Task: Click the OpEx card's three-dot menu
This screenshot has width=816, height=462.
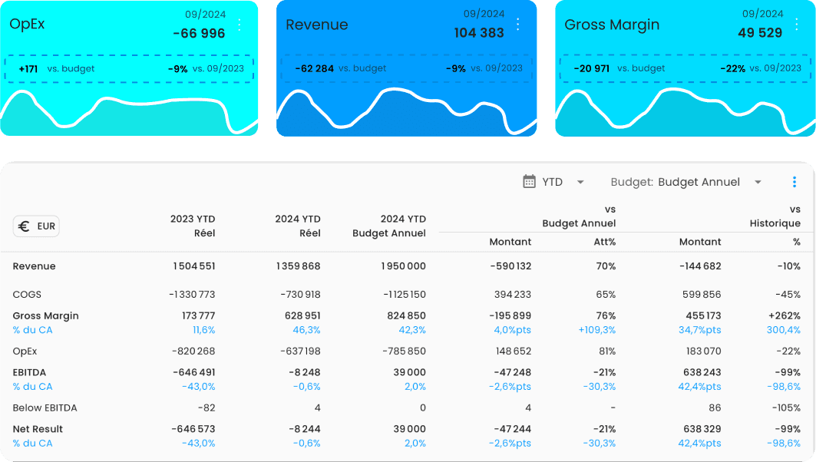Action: [x=240, y=25]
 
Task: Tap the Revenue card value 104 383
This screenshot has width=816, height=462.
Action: [x=479, y=33]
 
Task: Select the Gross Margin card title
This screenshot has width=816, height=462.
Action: [x=612, y=25]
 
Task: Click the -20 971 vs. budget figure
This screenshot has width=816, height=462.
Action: [x=591, y=68]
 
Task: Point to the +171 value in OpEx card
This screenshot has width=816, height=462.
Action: [x=28, y=68]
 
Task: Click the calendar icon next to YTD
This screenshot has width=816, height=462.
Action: [x=529, y=182]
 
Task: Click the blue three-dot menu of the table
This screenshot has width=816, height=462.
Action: [x=795, y=182]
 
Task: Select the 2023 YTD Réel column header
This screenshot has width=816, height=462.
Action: [x=193, y=226]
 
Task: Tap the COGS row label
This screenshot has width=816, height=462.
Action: [x=27, y=294]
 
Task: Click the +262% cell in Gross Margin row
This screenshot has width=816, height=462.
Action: [x=784, y=315]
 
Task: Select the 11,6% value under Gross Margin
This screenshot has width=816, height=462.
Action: [x=203, y=330]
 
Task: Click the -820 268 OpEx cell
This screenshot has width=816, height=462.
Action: [x=193, y=351]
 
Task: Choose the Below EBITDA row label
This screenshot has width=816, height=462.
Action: [x=45, y=408]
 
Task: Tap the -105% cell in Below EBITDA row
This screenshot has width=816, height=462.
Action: [x=785, y=408]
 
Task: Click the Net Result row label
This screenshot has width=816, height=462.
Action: [x=38, y=429]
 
